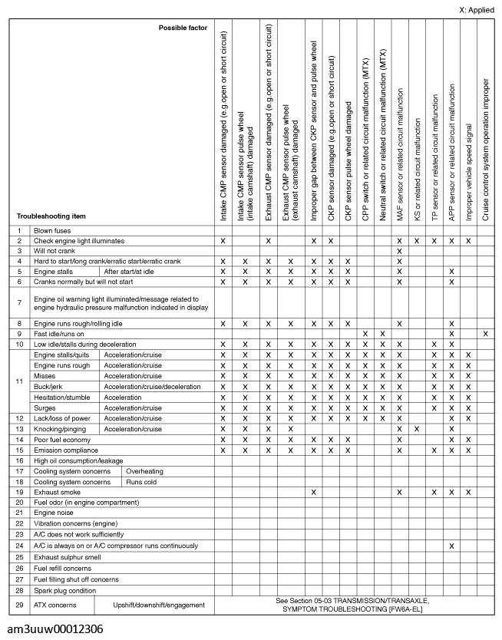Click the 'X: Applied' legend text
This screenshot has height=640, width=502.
[x=476, y=10]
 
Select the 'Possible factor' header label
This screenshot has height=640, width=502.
[x=183, y=28]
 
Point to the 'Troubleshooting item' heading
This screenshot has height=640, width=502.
[x=51, y=216]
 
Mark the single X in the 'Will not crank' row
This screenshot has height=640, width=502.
[x=400, y=251]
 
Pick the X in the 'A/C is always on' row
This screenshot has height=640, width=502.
[x=451, y=546]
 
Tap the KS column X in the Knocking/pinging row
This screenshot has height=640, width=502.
[x=418, y=428]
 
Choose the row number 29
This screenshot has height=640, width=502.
[x=18, y=605]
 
